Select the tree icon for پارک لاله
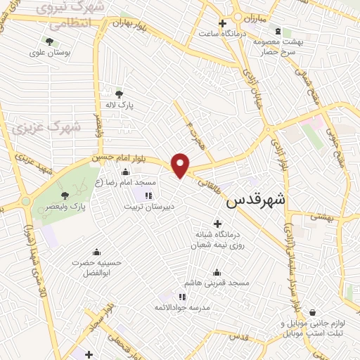[119, 94]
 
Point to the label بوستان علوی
[49, 52]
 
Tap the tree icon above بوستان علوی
[49, 41]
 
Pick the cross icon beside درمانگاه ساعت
[222, 23]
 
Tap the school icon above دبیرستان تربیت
[148, 195]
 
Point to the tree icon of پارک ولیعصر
[65, 195]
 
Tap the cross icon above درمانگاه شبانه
[217, 223]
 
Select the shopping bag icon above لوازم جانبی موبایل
[312, 312]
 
